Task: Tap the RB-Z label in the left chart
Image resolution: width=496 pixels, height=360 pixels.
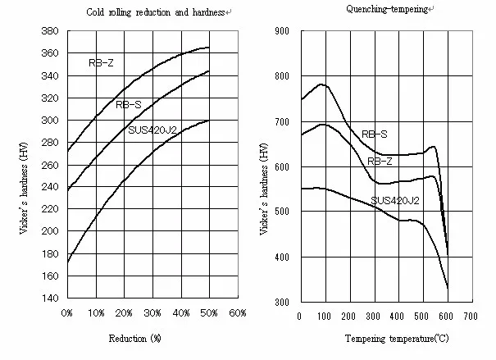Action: pos(101,62)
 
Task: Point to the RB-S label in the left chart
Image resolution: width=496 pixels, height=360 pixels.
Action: pos(128,104)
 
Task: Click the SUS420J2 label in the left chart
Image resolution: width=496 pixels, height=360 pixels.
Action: pos(152,130)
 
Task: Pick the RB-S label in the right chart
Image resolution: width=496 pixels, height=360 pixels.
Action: pos(375,134)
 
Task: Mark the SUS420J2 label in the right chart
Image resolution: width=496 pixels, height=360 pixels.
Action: pos(394,199)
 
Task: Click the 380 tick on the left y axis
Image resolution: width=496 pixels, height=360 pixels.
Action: pos(49,30)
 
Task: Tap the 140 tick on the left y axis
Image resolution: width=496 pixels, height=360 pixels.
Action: pos(49,298)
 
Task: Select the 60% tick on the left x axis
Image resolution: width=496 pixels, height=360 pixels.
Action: pos(238,314)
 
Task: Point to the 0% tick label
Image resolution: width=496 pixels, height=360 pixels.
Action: pos(66,314)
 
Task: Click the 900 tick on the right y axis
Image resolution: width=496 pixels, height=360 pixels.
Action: pos(282,30)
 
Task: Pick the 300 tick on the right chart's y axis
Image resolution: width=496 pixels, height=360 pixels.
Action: pos(282,303)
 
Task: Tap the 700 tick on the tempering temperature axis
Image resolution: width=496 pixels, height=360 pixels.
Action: pos(471,316)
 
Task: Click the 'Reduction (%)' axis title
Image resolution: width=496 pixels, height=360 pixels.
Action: pos(138,338)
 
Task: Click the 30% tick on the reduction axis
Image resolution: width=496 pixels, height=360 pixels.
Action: pos(152,314)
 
